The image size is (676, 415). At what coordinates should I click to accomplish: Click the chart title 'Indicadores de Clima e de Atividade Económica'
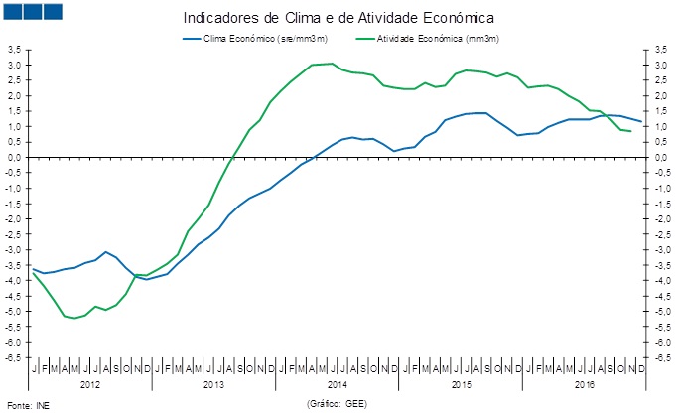(x=338, y=18)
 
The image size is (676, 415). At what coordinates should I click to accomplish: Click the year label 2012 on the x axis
(x=89, y=383)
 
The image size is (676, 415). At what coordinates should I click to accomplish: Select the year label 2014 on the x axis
(x=337, y=383)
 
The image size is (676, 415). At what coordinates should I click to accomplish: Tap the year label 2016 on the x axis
(x=584, y=383)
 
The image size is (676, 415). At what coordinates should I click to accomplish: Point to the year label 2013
(x=212, y=383)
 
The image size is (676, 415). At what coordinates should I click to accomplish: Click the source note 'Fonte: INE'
(x=27, y=405)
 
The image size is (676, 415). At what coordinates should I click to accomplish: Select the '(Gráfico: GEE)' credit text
(x=338, y=404)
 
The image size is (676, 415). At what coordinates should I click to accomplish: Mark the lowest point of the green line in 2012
(x=74, y=318)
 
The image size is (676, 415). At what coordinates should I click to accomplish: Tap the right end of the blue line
(x=642, y=122)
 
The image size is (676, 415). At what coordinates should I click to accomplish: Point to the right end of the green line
(x=631, y=131)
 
